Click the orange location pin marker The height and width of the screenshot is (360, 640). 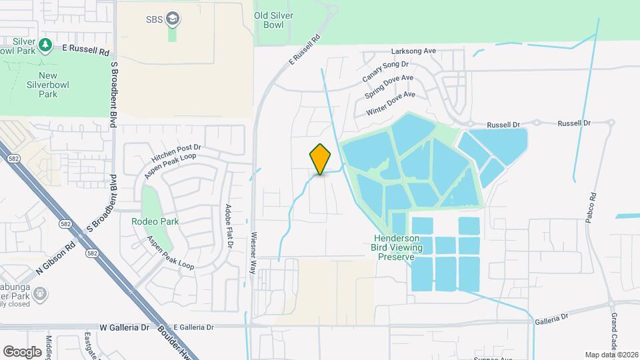[x=321, y=159]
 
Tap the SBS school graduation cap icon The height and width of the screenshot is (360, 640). [x=173, y=18]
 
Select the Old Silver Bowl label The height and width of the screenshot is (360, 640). [x=273, y=20]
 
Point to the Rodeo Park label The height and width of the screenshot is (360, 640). [x=155, y=221]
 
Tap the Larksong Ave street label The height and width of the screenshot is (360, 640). [x=413, y=51]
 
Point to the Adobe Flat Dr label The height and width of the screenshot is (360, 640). [x=229, y=226]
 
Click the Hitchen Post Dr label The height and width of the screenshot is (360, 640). [x=176, y=153]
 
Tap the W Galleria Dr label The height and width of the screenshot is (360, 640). [x=124, y=328]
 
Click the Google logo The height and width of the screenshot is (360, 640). [x=22, y=351]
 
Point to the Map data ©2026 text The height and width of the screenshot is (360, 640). [x=611, y=355]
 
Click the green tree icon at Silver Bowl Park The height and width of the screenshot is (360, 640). [x=45, y=45]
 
